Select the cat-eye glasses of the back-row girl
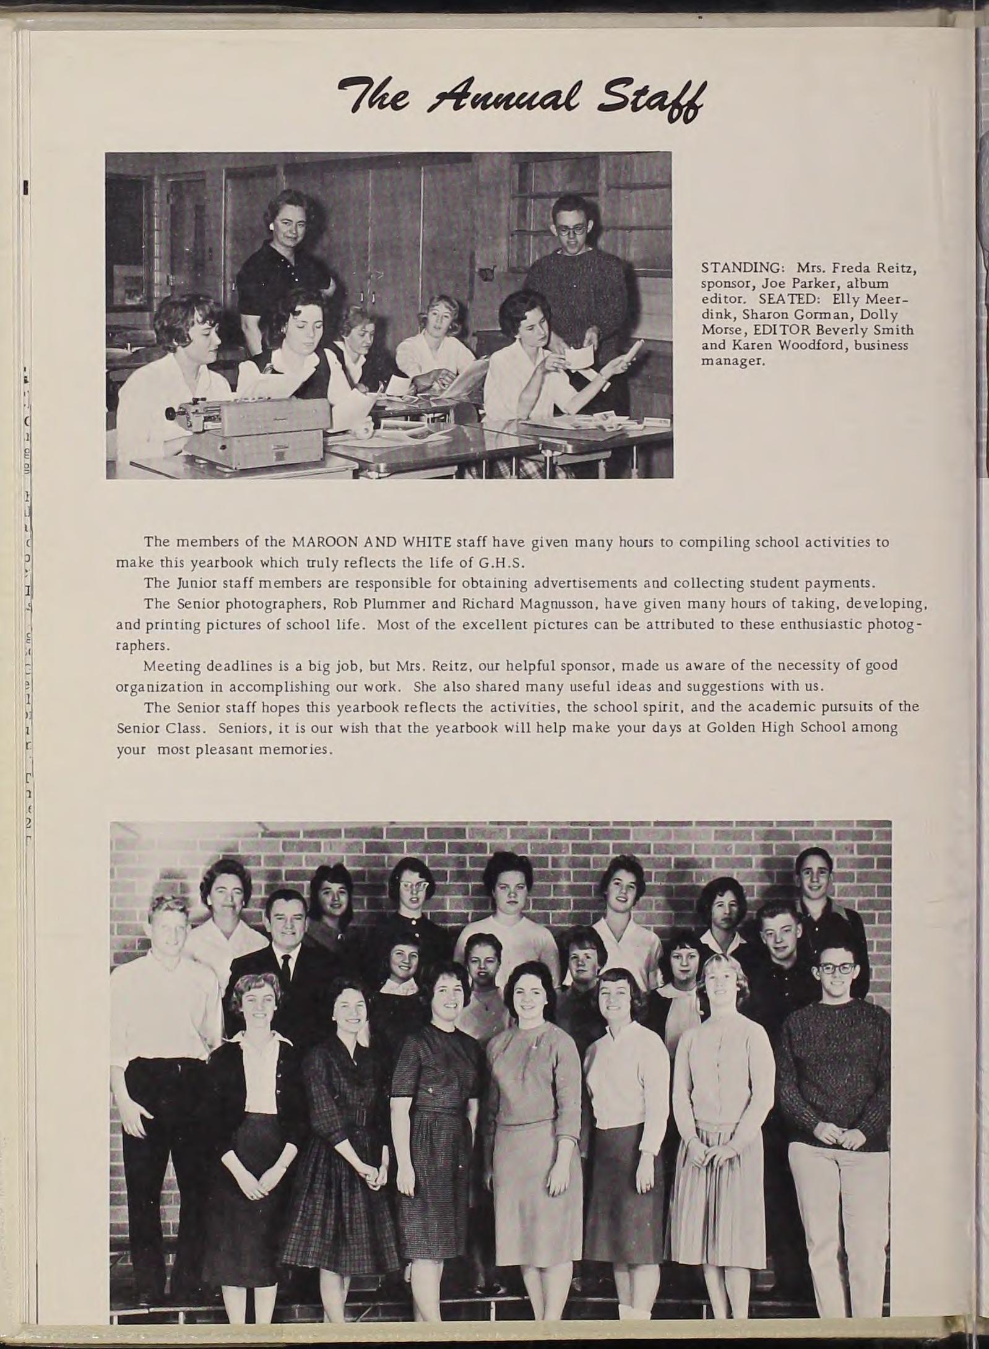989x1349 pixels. click(x=407, y=889)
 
